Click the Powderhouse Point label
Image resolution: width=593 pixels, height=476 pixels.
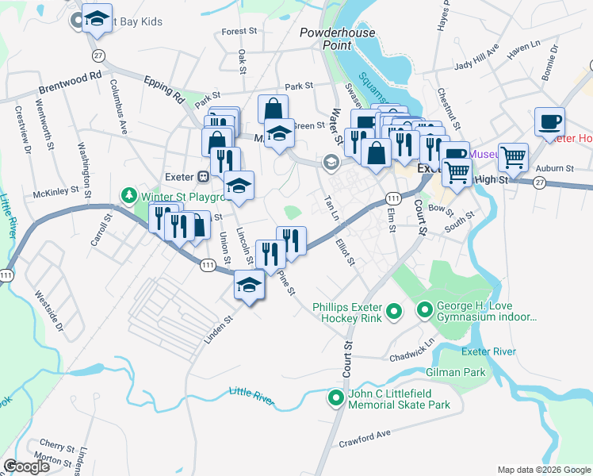point(336,39)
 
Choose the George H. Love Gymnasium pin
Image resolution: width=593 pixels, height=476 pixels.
point(425,310)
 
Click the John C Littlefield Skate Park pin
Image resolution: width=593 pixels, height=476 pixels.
point(337,398)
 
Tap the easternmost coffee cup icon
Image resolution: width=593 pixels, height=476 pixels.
point(549,122)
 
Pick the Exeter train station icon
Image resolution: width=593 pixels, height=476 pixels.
point(203,176)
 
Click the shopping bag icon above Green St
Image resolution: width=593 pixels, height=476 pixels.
point(273,109)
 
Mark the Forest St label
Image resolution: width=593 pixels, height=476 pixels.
point(240,32)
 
